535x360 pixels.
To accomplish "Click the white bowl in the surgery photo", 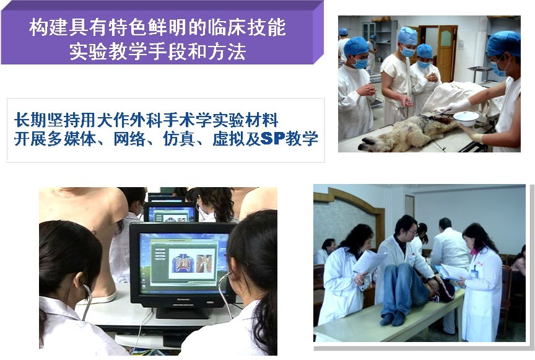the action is [466, 118].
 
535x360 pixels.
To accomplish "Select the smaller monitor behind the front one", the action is [170, 212].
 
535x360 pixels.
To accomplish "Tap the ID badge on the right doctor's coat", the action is [474, 273].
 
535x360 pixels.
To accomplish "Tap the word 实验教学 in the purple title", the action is [108, 52].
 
